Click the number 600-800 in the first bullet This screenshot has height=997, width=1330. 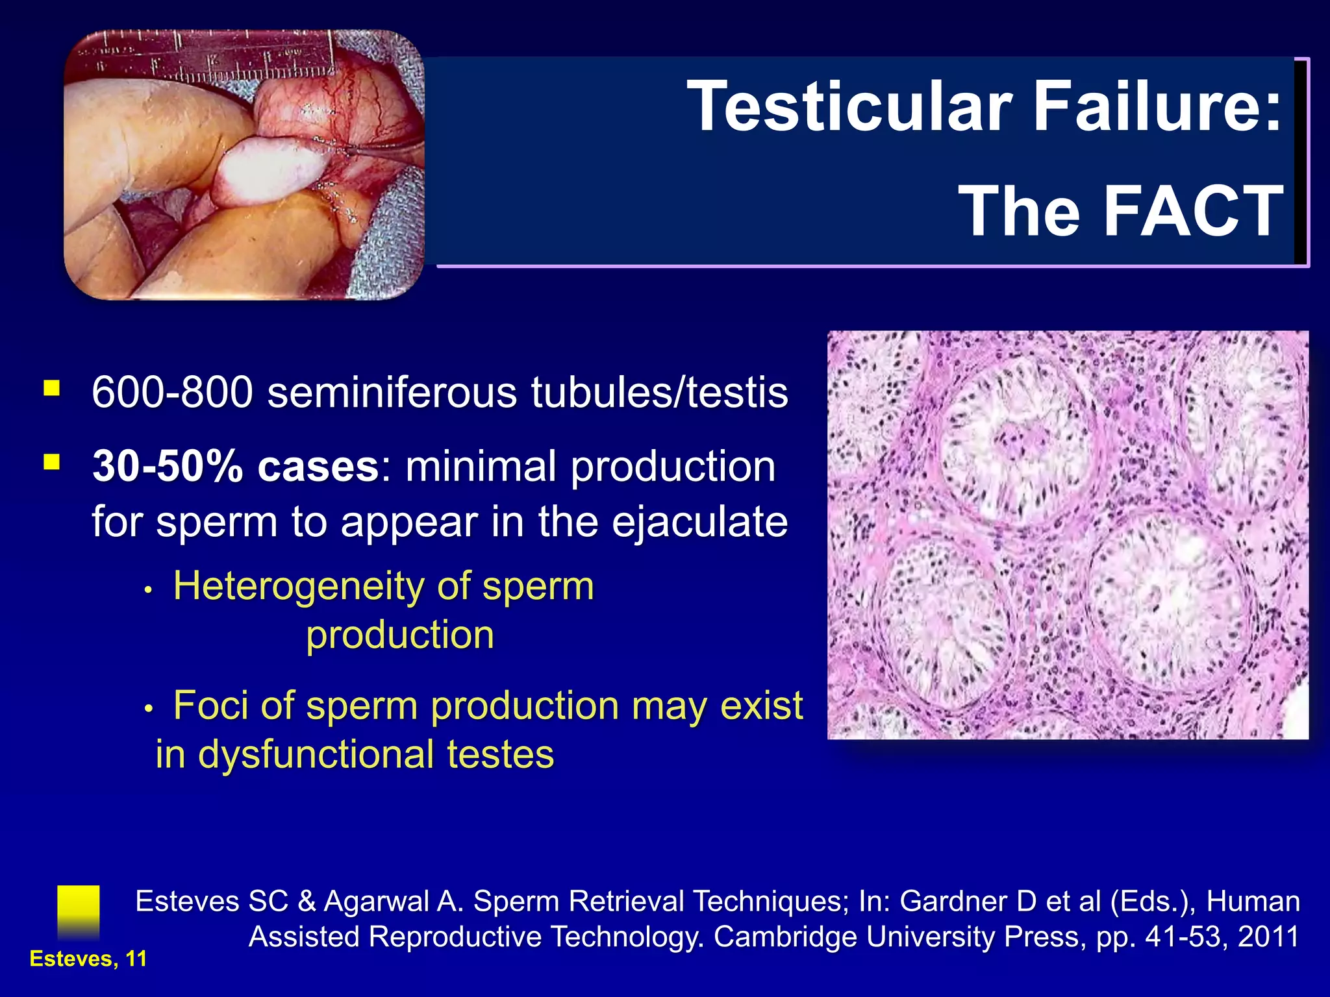tap(172, 393)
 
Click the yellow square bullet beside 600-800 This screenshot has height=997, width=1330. tap(52, 389)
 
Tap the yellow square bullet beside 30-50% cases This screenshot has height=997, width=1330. tap(52, 462)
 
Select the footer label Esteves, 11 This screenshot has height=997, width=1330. tap(88, 959)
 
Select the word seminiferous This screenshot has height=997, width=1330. tap(392, 393)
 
